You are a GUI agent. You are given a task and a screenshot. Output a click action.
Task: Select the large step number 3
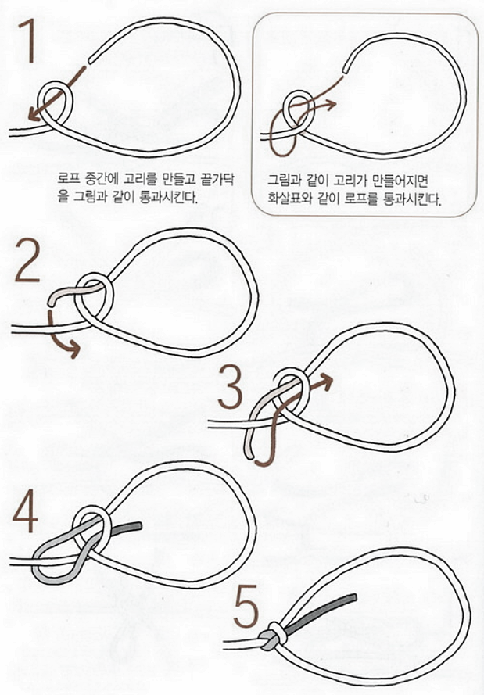tap(231, 390)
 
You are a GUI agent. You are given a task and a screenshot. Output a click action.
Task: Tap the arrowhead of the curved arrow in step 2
tap(74, 351)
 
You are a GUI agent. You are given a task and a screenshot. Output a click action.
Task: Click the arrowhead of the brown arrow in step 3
tap(326, 382)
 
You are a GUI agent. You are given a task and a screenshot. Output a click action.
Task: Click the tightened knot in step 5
tap(270, 637)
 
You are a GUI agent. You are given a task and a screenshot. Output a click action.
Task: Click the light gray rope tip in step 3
tap(249, 451)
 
